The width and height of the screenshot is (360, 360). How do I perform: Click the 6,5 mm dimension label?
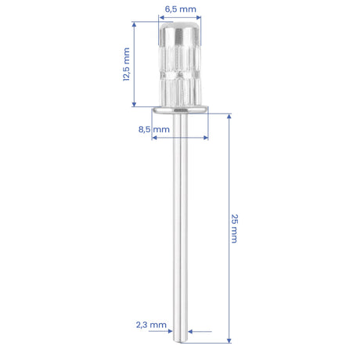pyautogui.click(x=181, y=9)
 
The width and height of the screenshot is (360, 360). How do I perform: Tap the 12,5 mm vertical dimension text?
pyautogui.click(x=126, y=64)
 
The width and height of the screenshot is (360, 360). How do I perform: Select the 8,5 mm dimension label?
pyautogui.click(x=154, y=129)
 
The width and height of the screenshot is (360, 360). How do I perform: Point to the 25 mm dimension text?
pyautogui.click(x=234, y=229)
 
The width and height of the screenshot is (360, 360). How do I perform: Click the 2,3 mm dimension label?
pyautogui.click(x=151, y=325)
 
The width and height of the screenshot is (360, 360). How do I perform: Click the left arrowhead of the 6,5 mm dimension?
pyautogui.click(x=161, y=17)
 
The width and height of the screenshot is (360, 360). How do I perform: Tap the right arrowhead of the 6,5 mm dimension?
pyautogui.click(x=198, y=17)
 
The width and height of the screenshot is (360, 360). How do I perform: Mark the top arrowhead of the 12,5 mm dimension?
pyautogui.click(x=134, y=24)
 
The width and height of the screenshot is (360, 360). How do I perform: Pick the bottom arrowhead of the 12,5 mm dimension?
pyautogui.click(x=134, y=104)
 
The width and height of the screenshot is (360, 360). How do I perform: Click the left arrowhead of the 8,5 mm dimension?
pyautogui.click(x=154, y=138)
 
